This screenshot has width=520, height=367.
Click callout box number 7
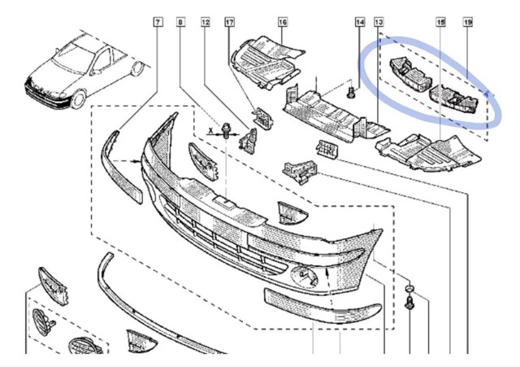pyautogui.click(x=158, y=22)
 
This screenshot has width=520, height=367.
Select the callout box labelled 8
pyautogui.click(x=180, y=22)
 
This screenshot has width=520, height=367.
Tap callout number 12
pyautogui.click(x=206, y=22)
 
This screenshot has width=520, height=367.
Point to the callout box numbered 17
pyautogui.click(x=229, y=22)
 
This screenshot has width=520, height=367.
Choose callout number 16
pyautogui.click(x=283, y=22)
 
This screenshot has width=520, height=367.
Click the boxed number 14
pyautogui.click(x=360, y=22)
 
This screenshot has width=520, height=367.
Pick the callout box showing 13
pyautogui.click(x=379, y=22)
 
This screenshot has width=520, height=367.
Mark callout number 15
pyautogui.click(x=440, y=22)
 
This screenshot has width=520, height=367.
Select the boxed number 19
pyautogui.click(x=468, y=22)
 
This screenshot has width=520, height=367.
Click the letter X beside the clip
pyautogui.click(x=210, y=130)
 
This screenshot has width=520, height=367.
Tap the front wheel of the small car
pyautogui.click(x=78, y=99)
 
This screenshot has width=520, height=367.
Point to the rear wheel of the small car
pyautogui.click(x=137, y=68)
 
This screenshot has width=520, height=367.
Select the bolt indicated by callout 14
pyautogui.click(x=351, y=92)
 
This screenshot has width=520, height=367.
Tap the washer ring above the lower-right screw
pyautogui.click(x=409, y=288)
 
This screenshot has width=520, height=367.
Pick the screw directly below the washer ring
pyautogui.click(x=409, y=303)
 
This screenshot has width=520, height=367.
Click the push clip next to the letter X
pyautogui.click(x=226, y=130)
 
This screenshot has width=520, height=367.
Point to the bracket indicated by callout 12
pyautogui.click(x=249, y=141)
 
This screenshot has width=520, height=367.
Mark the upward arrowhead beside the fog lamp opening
pyautogui.click(x=327, y=272)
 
